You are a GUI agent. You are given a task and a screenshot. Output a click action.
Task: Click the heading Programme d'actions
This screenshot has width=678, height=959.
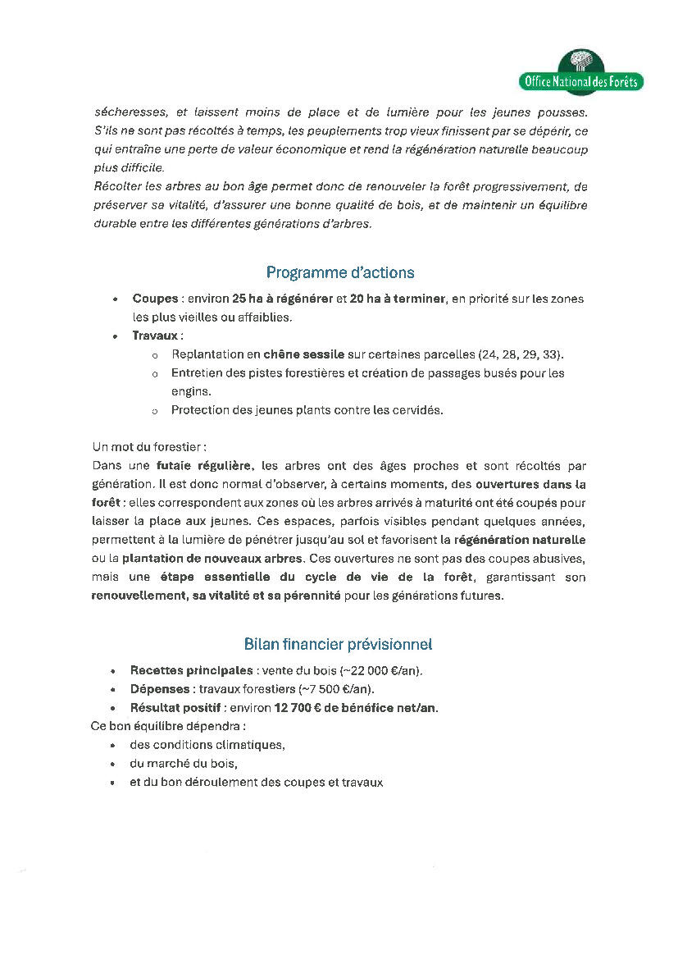coord(340,272)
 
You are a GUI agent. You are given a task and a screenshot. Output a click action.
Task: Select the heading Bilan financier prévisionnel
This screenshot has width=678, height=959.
coord(338,644)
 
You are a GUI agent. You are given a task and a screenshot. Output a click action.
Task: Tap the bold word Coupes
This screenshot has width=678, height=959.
coord(154,299)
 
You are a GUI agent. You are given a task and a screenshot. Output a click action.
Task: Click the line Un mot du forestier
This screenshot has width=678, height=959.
coord(148,447)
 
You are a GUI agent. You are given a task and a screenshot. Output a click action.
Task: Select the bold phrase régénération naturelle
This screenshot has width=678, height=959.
coord(520,540)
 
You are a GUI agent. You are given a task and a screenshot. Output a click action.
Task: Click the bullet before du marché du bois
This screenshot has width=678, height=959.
coord(112,764)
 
